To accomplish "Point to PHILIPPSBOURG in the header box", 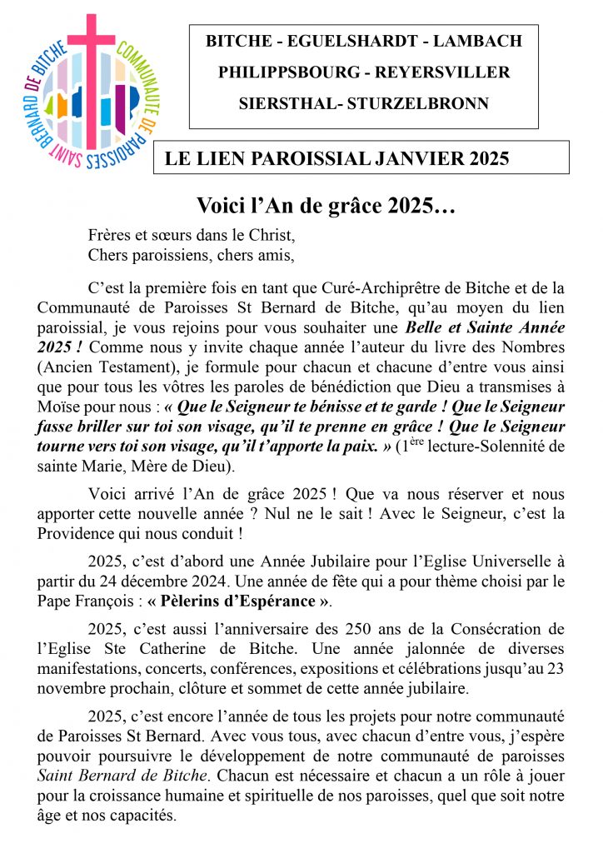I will pyautogui.click(x=288, y=72).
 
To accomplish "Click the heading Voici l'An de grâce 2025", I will pyautogui.click(x=326, y=205).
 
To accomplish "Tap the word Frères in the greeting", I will pyautogui.click(x=109, y=236).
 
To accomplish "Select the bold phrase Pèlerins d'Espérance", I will pyautogui.click(x=241, y=601).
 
